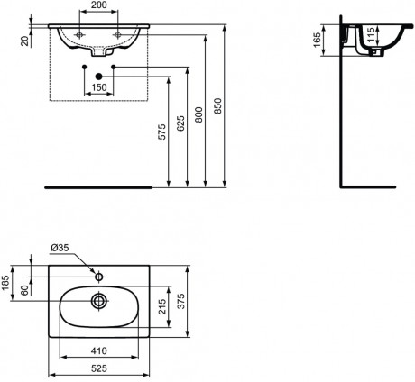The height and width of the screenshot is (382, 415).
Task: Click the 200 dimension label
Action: [x=98, y=5]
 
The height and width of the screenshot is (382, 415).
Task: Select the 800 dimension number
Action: [x=198, y=114]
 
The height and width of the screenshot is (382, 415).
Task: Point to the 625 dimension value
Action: [x=180, y=123]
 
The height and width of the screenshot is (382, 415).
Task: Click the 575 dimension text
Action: [x=161, y=132]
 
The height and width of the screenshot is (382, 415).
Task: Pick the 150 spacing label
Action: [x=99, y=87]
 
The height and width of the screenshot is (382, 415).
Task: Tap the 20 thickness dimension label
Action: [x=26, y=41]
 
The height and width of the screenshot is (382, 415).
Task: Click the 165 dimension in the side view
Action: [x=317, y=40]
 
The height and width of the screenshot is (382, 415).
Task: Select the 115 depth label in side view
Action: [x=370, y=34]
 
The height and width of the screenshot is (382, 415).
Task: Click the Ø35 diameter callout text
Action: [x=60, y=248]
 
